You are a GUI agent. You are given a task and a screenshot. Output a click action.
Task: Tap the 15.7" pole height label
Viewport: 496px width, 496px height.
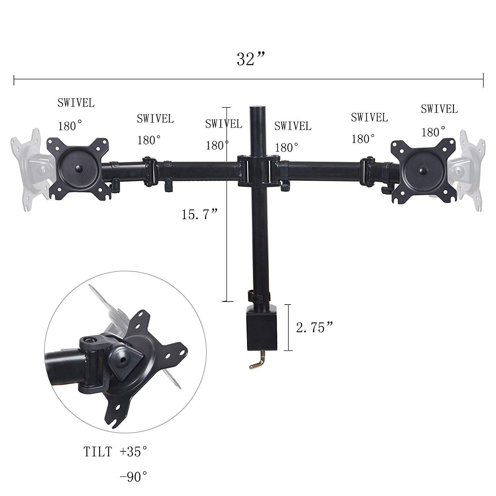(x=199, y=215)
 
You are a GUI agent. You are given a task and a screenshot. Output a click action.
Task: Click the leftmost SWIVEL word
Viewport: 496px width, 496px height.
(x=76, y=103)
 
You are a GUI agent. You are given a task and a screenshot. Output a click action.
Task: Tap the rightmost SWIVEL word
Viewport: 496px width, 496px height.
(x=439, y=109)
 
